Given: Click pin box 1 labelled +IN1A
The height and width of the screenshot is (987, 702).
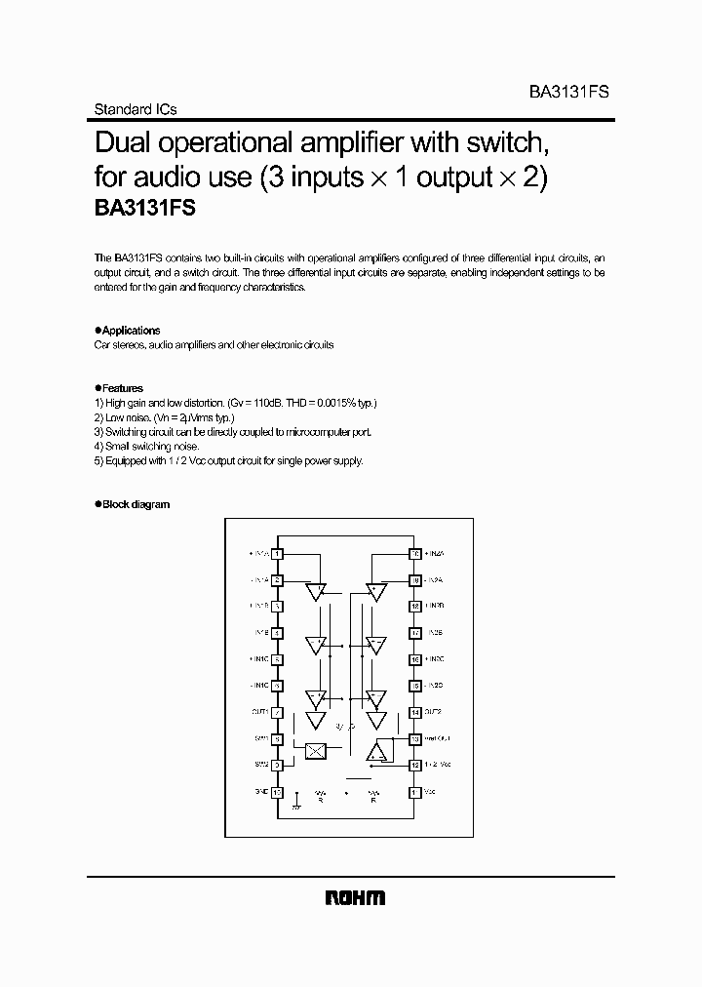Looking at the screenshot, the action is (278, 554).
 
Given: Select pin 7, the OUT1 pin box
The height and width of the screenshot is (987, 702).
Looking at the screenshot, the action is (278, 713).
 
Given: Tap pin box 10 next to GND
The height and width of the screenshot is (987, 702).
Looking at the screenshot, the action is (278, 793).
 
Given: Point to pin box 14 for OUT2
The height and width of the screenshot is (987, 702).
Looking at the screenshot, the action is (414, 713).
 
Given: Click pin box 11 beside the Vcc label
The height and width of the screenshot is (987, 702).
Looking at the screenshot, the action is (414, 793).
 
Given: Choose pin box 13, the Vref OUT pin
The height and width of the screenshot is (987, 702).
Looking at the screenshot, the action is (414, 739).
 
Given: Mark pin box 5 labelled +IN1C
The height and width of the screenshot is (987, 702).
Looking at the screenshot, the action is (278, 659).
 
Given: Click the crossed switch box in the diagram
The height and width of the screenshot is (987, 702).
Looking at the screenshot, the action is (315, 750).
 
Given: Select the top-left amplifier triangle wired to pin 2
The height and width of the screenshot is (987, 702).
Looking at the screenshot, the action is (315, 591).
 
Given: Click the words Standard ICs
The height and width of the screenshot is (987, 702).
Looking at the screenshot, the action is (135, 110).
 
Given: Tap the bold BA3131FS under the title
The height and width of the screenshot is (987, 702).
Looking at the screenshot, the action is (146, 208).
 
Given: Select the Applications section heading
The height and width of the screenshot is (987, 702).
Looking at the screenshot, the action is (131, 331).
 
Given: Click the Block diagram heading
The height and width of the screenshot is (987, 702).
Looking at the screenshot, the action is (136, 504).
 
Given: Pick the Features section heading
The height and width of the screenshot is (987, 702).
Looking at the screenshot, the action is (123, 387).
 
